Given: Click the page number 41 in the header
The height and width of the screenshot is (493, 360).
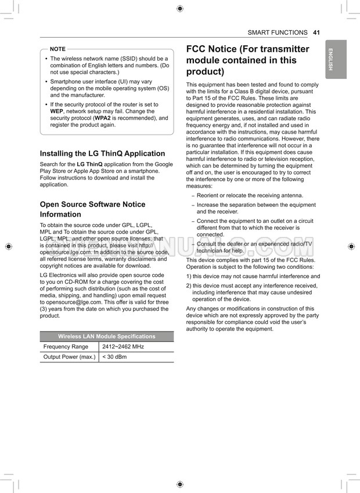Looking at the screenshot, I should pos(316,33).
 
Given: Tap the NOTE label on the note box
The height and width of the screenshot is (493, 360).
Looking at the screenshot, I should pos(58,49).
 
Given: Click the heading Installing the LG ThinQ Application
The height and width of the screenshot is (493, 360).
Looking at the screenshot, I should pos(102,154).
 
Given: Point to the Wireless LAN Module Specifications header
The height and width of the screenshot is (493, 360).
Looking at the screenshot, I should pos(107,336).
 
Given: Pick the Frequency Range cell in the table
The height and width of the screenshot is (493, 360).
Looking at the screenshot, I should pos(66,347).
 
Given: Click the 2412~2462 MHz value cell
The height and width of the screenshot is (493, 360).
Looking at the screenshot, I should pos(123,347).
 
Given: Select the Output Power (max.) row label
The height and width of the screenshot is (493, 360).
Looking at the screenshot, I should pos(70,357).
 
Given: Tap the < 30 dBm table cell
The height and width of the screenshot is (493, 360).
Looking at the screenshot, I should pos(114,357).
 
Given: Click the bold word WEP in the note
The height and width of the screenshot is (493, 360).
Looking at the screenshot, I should pos(57,111).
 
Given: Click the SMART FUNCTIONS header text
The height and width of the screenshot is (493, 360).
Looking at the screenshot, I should pos(278,33).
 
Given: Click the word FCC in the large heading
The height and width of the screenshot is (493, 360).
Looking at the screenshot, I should pos(197,49).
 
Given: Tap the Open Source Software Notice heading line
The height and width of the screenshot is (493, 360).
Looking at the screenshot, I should pos(92,204).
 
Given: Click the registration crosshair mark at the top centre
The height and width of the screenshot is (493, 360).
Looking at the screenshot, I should pos(180,8).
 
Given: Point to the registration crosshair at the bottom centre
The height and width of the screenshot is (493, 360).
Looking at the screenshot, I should pos(180,484).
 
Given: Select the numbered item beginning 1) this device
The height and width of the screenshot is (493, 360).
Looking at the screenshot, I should pos(253,276).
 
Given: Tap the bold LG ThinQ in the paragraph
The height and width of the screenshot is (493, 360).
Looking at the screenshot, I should pos(89,164).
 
